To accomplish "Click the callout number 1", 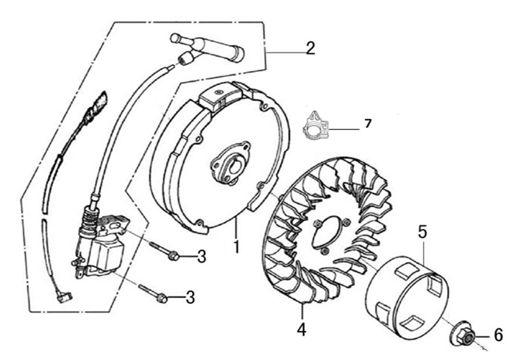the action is click(237, 247).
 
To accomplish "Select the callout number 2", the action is click(310, 48).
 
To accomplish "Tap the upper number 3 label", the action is click(202, 257).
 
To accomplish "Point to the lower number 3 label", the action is click(190, 297).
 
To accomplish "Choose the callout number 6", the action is click(498, 335).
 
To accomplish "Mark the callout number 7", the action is click(368, 123).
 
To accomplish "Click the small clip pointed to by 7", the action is click(315, 125).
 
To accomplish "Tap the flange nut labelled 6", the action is click(463, 336).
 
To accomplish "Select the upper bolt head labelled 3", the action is click(174, 256).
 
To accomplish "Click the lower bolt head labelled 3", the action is click(162, 298).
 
